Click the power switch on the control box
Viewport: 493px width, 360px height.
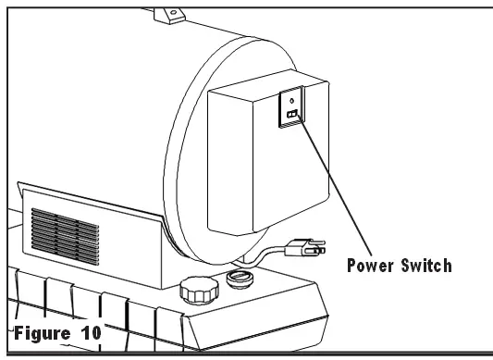290,115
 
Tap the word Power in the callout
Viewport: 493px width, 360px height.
374,267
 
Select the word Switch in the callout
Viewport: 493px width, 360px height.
426,267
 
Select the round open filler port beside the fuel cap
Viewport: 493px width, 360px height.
242,278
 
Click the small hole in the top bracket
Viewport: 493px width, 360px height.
169,8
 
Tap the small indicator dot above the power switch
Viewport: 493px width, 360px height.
291,101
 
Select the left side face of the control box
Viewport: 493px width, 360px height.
217,167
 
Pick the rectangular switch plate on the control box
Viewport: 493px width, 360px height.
290,108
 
